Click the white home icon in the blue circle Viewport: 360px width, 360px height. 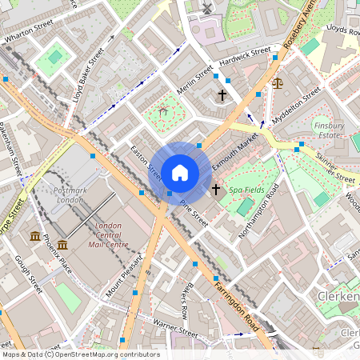pyautogui.click(x=180, y=172)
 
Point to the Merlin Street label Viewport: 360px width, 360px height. pyautogui.click(x=194, y=79)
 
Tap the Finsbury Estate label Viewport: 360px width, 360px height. pyautogui.click(x=329, y=130)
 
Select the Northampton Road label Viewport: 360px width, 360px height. pyautogui.click(x=260, y=210)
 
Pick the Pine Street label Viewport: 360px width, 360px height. pyautogui.click(x=194, y=213)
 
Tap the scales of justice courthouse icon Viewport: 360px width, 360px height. pyautogui.click(x=278, y=82)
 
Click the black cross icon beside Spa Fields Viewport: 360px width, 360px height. pyautogui.click(x=216, y=189)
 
